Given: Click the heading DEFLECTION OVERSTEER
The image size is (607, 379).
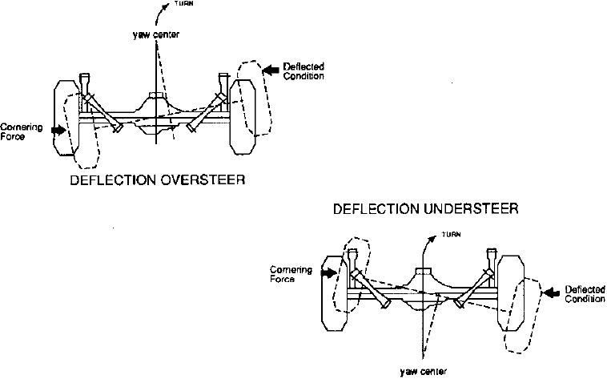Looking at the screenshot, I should click(157, 180).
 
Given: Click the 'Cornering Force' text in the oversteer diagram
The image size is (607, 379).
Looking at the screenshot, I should click(17, 131).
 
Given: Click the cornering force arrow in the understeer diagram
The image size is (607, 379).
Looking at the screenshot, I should click(328, 273).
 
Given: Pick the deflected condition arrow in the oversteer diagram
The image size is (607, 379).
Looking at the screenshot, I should click(271, 70).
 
